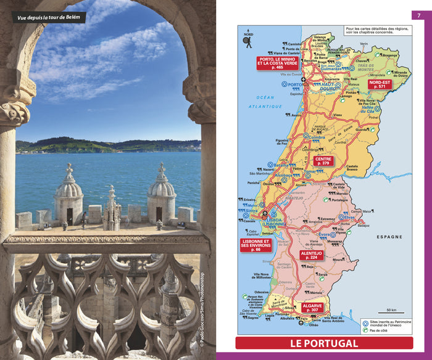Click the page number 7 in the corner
(422, 15)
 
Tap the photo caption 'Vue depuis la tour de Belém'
(49, 17)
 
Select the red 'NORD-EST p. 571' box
(380, 84)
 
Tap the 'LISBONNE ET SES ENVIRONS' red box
(255, 246)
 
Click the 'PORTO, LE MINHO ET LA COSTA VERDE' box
(277, 63)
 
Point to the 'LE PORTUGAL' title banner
(324, 343)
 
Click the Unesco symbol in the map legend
(365, 322)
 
